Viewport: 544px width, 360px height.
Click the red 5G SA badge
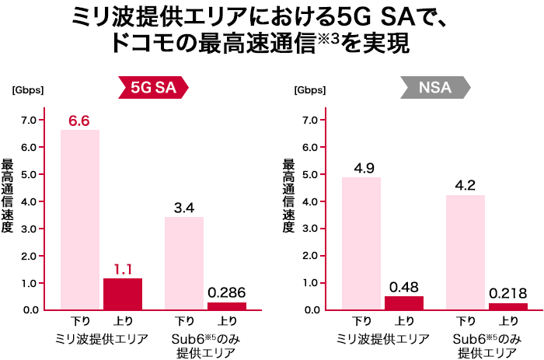click(x=153, y=88)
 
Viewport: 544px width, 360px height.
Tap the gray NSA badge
click(x=434, y=88)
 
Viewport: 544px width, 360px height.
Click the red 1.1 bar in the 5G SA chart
click(x=123, y=293)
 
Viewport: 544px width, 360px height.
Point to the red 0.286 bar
click(x=227, y=306)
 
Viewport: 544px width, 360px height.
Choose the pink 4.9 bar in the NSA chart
click(x=361, y=243)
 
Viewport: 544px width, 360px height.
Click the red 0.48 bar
click(x=404, y=302)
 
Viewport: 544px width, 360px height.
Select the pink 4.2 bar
click(x=466, y=252)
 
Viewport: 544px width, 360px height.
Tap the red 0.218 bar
click(x=508, y=306)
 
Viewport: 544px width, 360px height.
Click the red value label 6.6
click(x=79, y=121)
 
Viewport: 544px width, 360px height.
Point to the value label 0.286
click(x=227, y=293)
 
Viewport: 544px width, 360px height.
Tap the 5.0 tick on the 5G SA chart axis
click(x=29, y=174)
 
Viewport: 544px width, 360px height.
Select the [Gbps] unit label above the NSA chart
click(x=309, y=89)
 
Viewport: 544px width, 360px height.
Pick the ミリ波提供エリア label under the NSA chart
click(x=382, y=339)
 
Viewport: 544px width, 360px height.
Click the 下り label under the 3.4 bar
click(x=184, y=320)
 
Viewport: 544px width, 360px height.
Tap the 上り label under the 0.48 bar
click(x=404, y=320)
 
